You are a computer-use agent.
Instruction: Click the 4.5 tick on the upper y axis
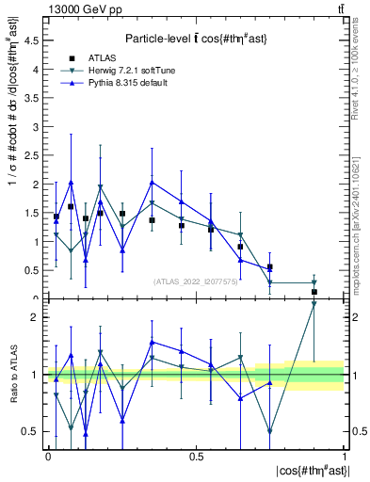(x=33, y=40)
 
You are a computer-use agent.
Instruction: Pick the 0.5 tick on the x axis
(x=196, y=458)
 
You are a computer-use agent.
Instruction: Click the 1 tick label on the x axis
(x=345, y=458)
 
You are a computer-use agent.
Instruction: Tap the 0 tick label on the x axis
(x=48, y=458)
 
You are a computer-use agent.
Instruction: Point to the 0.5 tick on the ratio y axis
(x=33, y=432)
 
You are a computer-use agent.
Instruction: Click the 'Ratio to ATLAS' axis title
(x=13, y=374)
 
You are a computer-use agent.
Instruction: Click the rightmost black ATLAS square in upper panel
(x=314, y=292)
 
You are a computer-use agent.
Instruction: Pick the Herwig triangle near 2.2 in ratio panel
(x=314, y=304)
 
